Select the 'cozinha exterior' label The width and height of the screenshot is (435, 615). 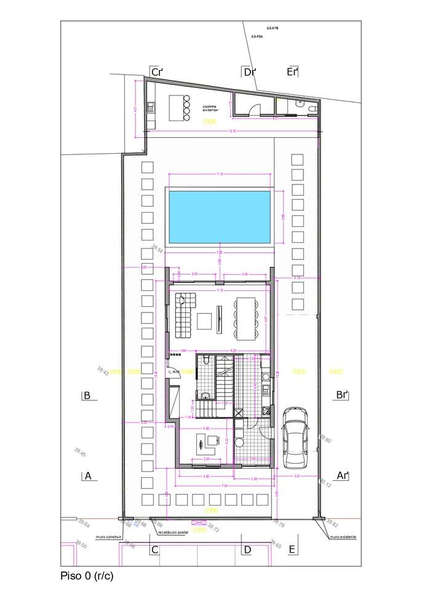210,108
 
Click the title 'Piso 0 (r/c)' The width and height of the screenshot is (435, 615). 87,576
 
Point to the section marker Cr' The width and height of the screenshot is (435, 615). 157,73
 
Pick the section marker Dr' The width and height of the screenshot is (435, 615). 249,73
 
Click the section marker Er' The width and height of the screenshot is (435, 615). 292,73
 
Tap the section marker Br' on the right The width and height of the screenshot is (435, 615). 343,395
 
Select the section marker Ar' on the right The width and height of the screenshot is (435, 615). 343,475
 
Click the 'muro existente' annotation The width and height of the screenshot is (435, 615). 343,537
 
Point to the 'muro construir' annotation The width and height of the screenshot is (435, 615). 108,537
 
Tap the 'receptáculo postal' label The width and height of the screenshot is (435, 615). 173,533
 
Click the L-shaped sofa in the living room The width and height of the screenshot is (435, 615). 183,315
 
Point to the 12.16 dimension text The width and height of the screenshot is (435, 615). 232,131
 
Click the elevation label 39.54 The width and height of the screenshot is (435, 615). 157,250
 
